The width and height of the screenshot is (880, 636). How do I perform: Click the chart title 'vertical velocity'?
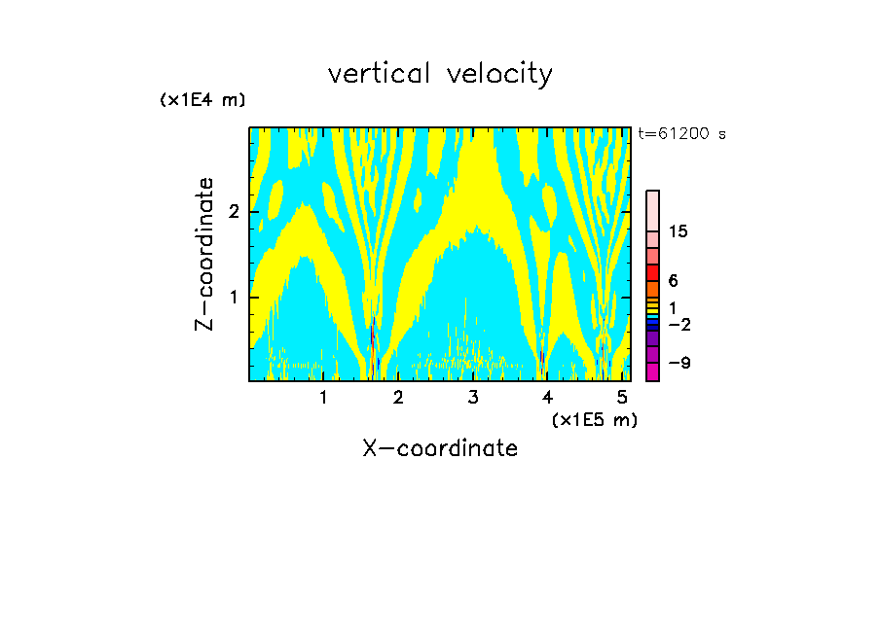click(440, 74)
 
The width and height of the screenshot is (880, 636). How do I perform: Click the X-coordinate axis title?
click(440, 448)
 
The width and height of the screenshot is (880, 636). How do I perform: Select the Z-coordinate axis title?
click(204, 254)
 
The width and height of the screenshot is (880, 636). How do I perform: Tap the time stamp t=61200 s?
click(681, 134)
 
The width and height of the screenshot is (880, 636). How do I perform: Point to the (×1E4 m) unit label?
click(202, 100)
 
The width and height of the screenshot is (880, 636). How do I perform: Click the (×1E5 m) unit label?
click(594, 419)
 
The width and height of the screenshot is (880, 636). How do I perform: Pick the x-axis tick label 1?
click(324, 398)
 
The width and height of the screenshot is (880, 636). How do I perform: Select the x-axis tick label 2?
click(398, 398)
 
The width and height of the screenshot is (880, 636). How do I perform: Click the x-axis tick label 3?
click(473, 398)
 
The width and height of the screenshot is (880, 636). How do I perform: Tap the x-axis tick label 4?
click(547, 398)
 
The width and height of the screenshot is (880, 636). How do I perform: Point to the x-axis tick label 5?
click(622, 398)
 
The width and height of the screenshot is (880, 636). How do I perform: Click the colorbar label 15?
click(678, 231)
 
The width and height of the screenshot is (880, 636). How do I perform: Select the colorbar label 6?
click(673, 281)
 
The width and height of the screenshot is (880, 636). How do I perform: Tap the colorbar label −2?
click(678, 324)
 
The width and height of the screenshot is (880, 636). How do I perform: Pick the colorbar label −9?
click(678, 363)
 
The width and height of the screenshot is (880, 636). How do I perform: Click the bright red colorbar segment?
click(652, 272)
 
